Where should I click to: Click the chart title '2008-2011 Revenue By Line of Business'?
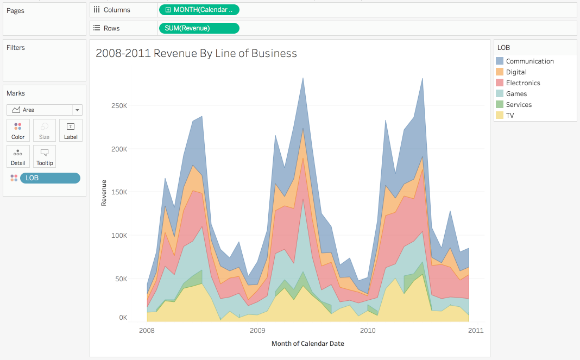click(x=196, y=53)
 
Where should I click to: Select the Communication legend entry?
click(x=529, y=61)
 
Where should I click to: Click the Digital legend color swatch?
click(x=500, y=72)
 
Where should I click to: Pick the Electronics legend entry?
click(x=522, y=83)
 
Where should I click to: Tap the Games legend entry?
click(x=516, y=94)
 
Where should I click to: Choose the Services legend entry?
click(x=519, y=105)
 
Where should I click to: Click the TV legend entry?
click(x=509, y=116)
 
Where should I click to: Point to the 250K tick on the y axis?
click(x=118, y=105)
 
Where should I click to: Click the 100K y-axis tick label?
click(x=118, y=236)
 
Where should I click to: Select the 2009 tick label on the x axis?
click(x=257, y=330)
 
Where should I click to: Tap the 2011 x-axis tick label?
click(x=476, y=330)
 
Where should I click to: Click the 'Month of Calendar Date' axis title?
click(x=307, y=344)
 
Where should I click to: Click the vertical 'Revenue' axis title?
click(x=104, y=193)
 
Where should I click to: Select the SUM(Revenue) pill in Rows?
click(x=198, y=28)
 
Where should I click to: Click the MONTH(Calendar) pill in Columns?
click(x=199, y=10)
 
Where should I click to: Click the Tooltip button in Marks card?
click(x=45, y=156)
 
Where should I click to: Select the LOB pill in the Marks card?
click(x=50, y=178)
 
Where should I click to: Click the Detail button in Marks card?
click(x=18, y=156)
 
